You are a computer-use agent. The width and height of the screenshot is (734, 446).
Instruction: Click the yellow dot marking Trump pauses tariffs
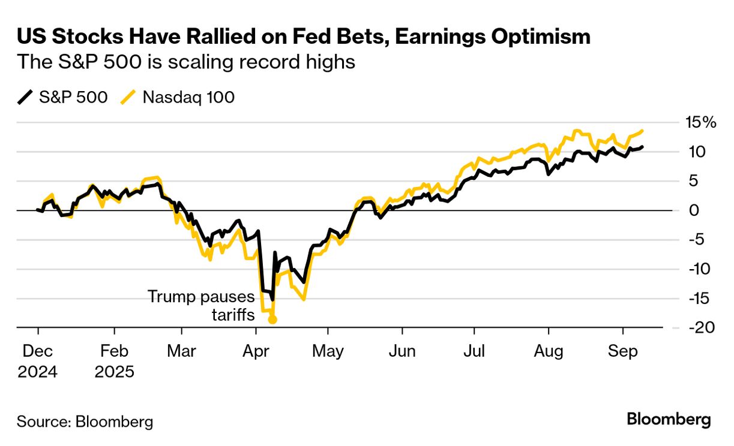click(272, 320)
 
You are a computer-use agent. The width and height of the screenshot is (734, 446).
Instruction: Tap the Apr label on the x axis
click(256, 351)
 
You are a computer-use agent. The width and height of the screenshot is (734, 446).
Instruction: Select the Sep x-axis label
click(623, 351)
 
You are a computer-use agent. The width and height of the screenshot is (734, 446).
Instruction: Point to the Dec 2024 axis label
click(37, 361)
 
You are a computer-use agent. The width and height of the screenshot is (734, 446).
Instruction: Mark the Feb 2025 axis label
click(114, 361)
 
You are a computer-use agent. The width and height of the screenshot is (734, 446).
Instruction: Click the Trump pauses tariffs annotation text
click(201, 305)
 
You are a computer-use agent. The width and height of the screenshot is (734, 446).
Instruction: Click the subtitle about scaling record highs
click(186, 62)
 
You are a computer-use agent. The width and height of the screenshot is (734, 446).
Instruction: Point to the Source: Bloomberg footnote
click(85, 421)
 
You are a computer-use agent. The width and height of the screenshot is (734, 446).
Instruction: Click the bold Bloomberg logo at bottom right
click(669, 420)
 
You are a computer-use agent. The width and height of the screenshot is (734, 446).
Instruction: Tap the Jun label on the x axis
click(402, 351)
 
